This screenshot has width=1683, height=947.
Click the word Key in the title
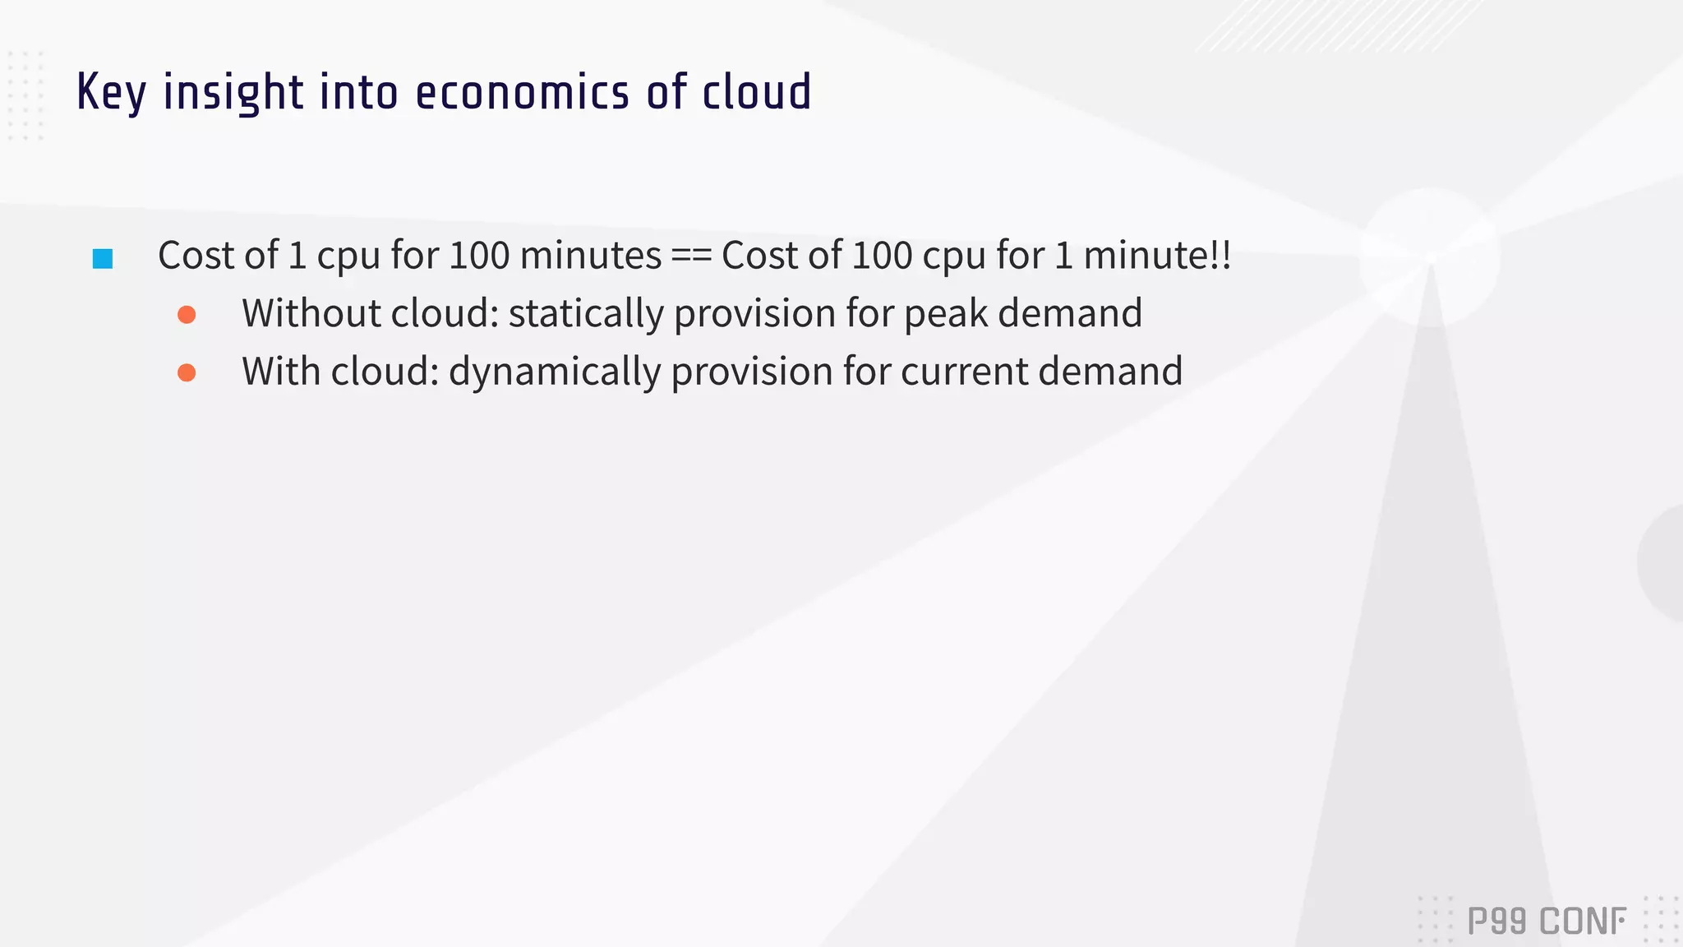(111, 92)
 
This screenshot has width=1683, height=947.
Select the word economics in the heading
(522, 92)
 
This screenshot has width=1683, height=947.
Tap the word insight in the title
(233, 92)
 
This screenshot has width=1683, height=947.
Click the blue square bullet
(103, 259)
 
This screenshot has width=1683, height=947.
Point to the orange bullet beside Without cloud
(187, 315)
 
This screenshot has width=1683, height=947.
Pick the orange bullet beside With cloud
(187, 373)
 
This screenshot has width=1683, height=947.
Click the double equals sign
(691, 256)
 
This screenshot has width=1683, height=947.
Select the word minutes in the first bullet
(590, 256)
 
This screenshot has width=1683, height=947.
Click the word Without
(311, 313)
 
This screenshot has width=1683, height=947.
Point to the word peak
(945, 313)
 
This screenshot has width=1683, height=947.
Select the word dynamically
(554, 372)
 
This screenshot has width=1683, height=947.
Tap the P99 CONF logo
(1546, 922)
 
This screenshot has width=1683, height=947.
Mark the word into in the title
(359, 92)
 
